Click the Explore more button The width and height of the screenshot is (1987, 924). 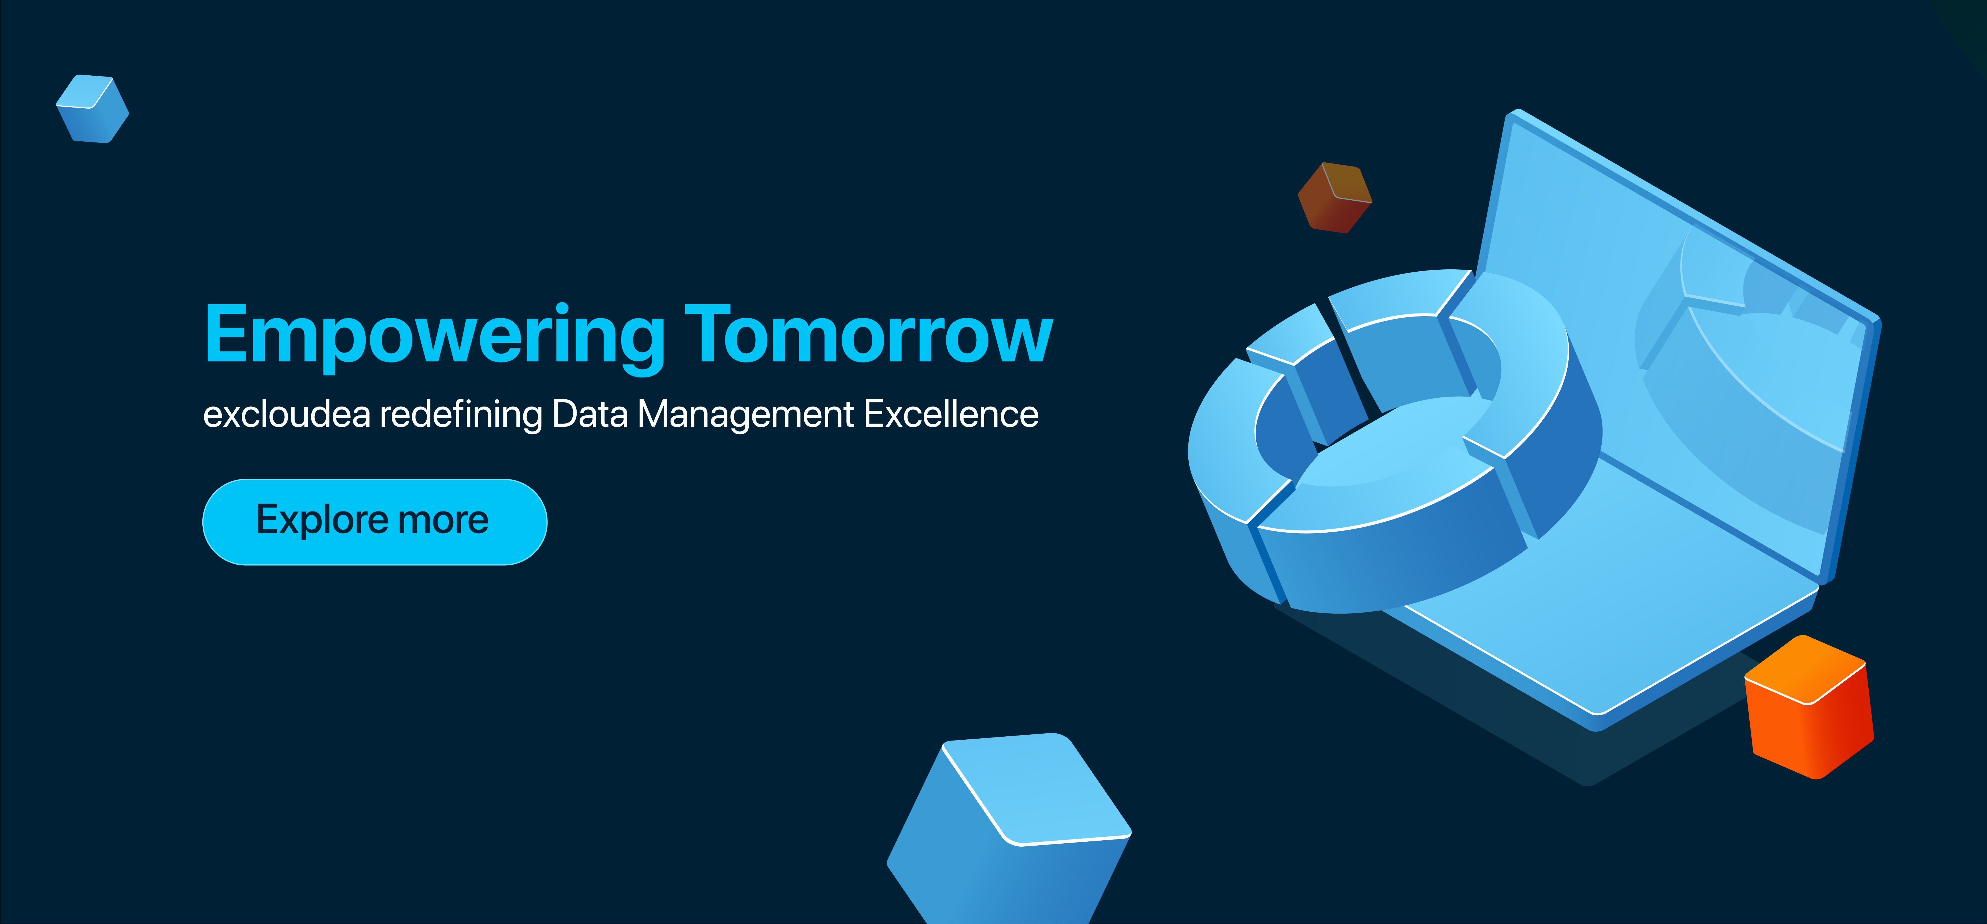(x=375, y=522)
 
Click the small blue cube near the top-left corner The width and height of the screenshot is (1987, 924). (x=93, y=109)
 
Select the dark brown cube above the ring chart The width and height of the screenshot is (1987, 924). (x=1334, y=197)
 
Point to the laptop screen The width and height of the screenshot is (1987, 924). (x=1682, y=340)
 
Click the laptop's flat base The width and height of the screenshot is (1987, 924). (x=1620, y=602)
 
